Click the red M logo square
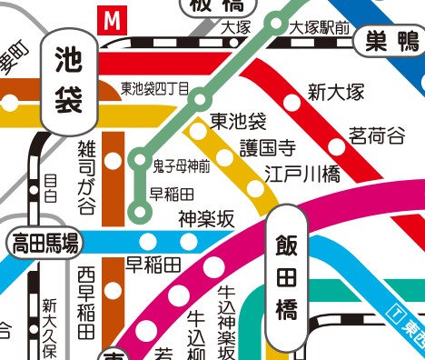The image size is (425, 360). (113, 18)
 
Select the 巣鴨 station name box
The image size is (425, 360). (390, 40)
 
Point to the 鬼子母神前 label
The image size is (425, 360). (181, 165)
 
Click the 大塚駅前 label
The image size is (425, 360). (319, 28)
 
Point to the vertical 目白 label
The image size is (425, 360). (50, 188)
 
